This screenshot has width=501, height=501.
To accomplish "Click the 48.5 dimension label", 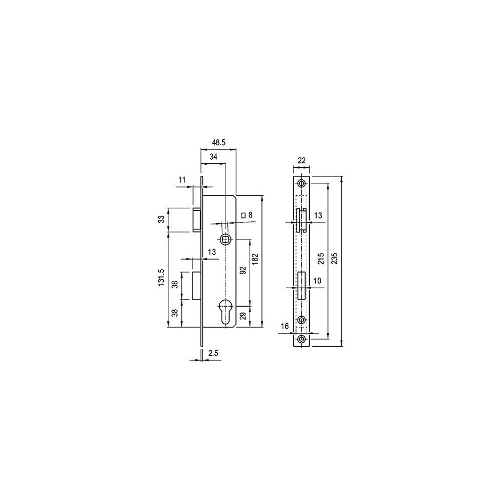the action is (x=219, y=142).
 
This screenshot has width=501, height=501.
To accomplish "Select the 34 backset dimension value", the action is (x=213, y=157).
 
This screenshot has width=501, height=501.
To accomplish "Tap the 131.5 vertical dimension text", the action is (x=162, y=278).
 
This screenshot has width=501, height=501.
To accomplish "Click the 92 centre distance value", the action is (x=243, y=271).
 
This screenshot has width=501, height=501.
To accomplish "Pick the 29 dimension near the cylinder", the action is (x=243, y=316).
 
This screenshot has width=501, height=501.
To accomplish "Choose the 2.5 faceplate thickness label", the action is (x=213, y=353).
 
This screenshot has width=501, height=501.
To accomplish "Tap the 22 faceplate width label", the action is (x=301, y=160).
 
